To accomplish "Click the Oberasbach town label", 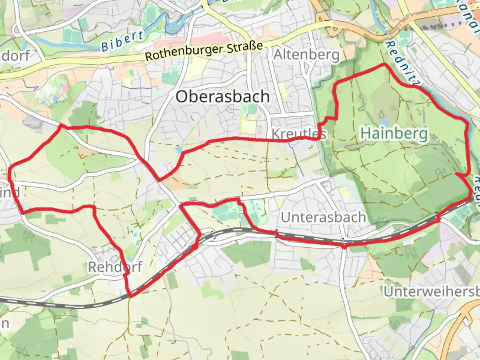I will (x=223, y=96).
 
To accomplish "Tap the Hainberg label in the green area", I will (x=394, y=133).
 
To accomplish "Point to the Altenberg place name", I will (x=306, y=55).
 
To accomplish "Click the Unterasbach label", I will (x=323, y=217).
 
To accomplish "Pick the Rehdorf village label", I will (x=115, y=267).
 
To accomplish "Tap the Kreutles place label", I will (x=299, y=134).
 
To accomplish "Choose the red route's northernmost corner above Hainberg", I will (x=385, y=64).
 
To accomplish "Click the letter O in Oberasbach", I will (x=182, y=97).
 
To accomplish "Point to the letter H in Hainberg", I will (x=366, y=133).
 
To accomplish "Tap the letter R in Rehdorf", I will (x=92, y=267).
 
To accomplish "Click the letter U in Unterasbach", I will (x=286, y=217).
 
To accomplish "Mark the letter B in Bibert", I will (x=105, y=46).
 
